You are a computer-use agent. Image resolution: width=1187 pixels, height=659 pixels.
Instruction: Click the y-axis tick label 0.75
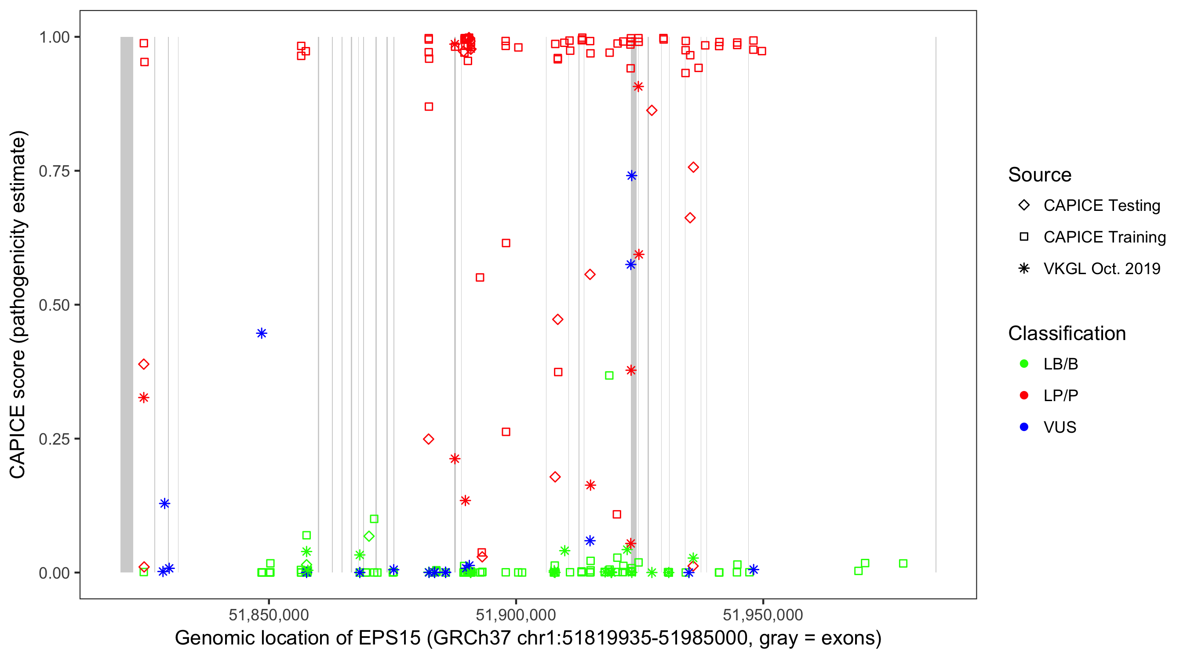point(54,171)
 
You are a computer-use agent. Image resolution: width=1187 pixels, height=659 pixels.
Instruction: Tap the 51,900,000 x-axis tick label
point(516,614)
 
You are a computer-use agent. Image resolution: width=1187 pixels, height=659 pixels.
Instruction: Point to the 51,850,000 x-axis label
point(269,614)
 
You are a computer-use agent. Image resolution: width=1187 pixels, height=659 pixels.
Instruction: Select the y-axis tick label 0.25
point(54,439)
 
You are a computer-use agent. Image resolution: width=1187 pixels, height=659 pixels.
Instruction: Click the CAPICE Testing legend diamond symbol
point(1024,206)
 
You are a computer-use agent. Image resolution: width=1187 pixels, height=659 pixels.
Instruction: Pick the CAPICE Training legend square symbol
point(1024,237)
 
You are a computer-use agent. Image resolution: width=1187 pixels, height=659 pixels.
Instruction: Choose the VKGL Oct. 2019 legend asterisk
point(1024,268)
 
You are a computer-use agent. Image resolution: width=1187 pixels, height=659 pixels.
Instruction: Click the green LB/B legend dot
point(1024,364)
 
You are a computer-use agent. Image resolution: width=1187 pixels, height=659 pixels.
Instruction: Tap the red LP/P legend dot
point(1024,395)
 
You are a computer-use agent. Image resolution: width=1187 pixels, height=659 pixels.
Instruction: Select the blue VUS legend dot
point(1024,427)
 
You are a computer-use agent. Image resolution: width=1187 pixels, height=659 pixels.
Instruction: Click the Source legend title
point(1040,175)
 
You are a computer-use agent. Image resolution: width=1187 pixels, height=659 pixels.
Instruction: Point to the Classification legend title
point(1067,333)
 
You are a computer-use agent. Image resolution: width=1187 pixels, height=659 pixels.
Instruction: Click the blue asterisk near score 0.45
point(262,333)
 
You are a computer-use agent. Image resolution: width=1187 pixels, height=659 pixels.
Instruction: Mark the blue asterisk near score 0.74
point(632,175)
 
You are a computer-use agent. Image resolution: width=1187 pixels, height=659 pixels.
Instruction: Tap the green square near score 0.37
point(609,375)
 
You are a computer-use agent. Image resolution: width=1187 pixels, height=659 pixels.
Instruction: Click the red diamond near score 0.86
point(652,111)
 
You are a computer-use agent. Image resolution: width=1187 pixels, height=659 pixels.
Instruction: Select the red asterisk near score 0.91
point(638,87)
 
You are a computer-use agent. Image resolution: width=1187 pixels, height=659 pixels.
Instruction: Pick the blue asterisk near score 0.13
point(164,503)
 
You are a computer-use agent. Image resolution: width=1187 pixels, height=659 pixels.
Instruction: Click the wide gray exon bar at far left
point(127,304)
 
